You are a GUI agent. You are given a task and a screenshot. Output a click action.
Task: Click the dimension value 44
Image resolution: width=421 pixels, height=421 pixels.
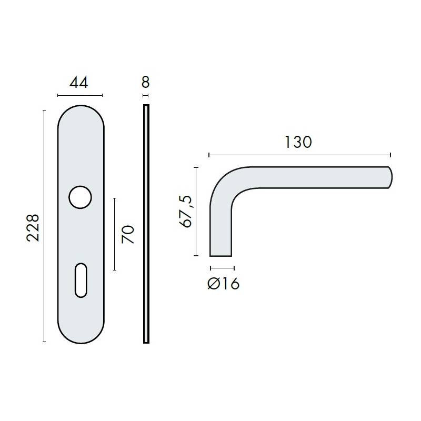click(x=79, y=83)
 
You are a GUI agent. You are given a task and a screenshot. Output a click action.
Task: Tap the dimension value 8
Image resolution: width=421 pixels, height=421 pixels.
click(x=146, y=82)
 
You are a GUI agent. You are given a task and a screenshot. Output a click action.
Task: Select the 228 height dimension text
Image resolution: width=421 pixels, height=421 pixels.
click(x=33, y=227)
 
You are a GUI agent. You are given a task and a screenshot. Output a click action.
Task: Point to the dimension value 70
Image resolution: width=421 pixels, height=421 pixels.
click(x=128, y=234)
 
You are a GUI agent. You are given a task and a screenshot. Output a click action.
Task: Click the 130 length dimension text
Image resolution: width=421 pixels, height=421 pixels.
click(x=298, y=142)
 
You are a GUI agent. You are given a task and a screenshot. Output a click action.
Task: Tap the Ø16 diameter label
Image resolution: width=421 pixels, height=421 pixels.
click(x=223, y=284)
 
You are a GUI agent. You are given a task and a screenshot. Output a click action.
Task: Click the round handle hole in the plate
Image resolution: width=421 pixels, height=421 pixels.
click(x=81, y=197)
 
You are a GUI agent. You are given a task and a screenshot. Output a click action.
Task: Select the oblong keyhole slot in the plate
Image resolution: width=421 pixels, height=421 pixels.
click(x=81, y=278)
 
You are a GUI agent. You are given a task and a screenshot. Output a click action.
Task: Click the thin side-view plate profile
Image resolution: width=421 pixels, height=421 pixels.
click(x=146, y=224)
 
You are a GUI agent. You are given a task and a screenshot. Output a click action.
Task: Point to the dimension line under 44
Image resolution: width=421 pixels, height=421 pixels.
click(x=80, y=95)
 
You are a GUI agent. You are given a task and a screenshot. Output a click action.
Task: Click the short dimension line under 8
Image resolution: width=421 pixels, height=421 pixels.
click(x=146, y=95)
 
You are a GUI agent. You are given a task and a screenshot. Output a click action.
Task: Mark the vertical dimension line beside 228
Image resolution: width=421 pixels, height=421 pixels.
click(x=44, y=226)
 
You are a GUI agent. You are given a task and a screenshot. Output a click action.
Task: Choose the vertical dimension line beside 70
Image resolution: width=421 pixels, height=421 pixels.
click(x=115, y=234)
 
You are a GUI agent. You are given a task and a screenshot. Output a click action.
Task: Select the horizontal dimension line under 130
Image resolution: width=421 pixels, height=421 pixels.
click(x=299, y=155)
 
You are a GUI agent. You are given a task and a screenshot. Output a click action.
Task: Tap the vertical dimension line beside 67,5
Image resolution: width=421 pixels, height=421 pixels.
click(x=196, y=212)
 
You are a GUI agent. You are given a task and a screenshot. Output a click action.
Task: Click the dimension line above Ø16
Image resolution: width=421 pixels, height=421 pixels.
click(x=222, y=268)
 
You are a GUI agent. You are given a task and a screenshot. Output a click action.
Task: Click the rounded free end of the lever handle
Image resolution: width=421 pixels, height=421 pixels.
click(x=390, y=177)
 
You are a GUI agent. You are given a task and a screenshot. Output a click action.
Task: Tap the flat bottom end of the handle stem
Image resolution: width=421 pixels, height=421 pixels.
click(x=221, y=255)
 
